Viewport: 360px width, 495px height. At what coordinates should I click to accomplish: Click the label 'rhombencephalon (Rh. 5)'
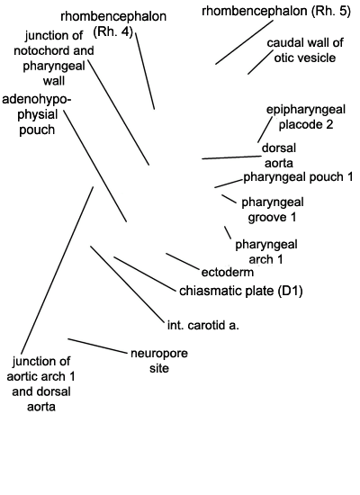point(276,11)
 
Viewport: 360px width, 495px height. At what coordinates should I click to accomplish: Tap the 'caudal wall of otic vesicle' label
point(305,50)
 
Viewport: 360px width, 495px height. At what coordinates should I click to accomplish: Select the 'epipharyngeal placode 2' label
point(306,117)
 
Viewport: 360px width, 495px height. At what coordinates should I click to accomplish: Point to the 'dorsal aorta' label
point(279,156)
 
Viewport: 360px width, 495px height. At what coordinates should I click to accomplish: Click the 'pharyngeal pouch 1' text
point(298,176)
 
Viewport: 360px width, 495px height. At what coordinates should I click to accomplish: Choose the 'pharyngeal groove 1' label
point(272,210)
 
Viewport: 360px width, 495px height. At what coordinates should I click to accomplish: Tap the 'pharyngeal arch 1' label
point(265,252)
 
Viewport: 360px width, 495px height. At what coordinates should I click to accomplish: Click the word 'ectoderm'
point(228,272)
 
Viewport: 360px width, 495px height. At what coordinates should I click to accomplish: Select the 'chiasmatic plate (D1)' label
point(241,291)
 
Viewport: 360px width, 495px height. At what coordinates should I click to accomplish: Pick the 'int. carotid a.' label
point(203,325)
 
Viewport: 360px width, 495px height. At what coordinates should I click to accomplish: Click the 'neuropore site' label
point(159,361)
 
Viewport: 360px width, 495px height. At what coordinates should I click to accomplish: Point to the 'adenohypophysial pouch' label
point(37,114)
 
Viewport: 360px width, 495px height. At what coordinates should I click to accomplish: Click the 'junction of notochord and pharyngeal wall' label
point(54,58)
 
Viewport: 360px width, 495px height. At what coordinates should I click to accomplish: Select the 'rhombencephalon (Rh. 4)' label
point(113,24)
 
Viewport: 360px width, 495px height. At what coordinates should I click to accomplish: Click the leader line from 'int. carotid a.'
point(128,283)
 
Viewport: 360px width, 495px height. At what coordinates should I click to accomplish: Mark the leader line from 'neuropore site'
point(96,346)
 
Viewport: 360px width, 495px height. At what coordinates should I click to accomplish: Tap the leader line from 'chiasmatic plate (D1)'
point(145,274)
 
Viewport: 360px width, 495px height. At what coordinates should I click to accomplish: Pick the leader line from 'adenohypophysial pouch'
point(95,166)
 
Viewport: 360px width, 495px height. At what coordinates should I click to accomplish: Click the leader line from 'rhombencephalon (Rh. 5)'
point(245,42)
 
